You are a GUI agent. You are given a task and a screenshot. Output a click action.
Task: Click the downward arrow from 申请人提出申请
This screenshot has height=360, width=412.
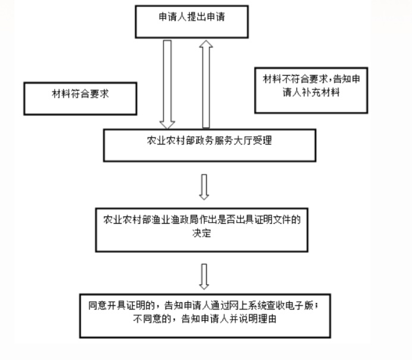click(167, 83)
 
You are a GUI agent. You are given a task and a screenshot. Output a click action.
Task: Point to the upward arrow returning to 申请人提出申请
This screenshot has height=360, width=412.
click(205, 83)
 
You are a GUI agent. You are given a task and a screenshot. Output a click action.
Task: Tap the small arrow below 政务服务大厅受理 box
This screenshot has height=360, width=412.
click(204, 186)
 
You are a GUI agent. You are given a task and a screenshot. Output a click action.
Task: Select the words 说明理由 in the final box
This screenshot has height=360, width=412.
click(257, 320)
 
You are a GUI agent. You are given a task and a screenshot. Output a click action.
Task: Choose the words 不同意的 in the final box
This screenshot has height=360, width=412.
click(154, 320)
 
